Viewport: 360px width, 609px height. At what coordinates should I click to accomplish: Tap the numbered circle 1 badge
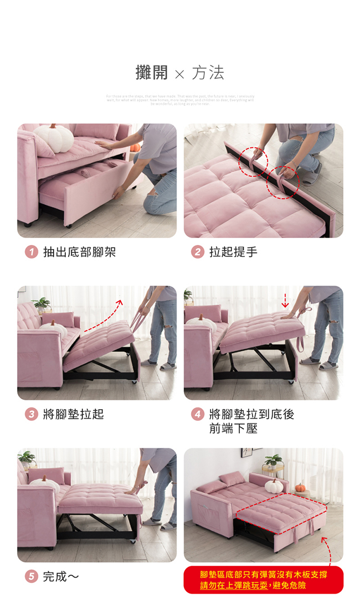coord(32,252)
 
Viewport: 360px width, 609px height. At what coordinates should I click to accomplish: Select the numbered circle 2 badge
coord(198,252)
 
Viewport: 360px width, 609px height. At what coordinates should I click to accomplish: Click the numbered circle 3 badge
coord(32,414)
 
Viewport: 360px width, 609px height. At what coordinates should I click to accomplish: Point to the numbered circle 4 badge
coord(198,414)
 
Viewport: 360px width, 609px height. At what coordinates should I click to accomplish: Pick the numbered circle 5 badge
coord(32,576)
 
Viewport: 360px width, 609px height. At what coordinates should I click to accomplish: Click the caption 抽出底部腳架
coord(79,252)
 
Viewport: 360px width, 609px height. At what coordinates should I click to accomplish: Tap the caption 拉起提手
coord(233,252)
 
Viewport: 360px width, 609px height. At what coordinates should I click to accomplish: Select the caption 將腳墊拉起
coord(73,414)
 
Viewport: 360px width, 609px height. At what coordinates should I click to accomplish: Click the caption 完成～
coord(61,576)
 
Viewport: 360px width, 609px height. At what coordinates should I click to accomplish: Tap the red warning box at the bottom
coord(264,580)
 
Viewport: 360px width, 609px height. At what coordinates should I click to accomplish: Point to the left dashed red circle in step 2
coord(253,162)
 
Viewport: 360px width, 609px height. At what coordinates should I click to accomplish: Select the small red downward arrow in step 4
coord(285,301)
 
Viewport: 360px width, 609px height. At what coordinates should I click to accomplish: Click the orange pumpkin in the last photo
coord(300,487)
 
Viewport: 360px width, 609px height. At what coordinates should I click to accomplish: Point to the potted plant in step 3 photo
coord(42,304)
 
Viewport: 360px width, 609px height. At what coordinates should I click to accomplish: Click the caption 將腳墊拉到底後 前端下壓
coord(251,421)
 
